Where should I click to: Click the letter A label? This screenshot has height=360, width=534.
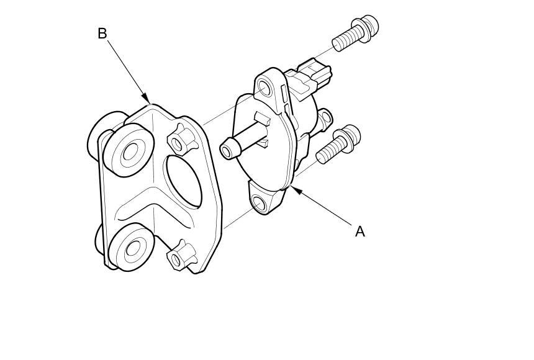click(360, 232)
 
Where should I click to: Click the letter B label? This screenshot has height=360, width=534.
click(102, 34)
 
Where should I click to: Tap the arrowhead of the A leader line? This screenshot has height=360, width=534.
click(295, 189)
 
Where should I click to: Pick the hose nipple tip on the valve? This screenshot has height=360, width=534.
click(229, 148)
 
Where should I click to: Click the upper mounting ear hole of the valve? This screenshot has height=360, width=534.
click(265, 88)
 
